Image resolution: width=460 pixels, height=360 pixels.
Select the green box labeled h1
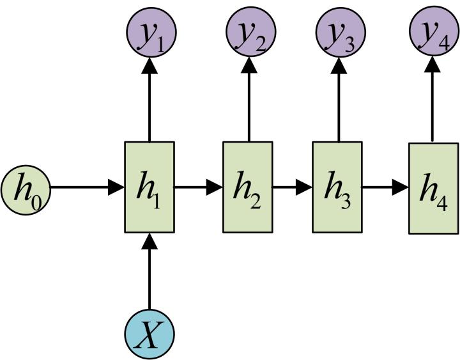click(x=149, y=187)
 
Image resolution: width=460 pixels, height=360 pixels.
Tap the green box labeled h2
click(x=248, y=187)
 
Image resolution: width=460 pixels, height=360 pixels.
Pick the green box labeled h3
click(x=337, y=187)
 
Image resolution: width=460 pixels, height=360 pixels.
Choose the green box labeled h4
click(x=433, y=188)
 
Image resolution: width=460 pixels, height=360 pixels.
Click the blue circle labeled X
click(x=149, y=335)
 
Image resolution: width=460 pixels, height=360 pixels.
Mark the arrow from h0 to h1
click(x=86, y=187)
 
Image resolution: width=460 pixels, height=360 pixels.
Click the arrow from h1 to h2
click(x=198, y=187)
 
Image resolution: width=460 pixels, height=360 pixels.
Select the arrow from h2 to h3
click(x=293, y=187)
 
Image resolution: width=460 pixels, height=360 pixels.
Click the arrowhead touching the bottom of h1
click(x=149, y=242)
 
